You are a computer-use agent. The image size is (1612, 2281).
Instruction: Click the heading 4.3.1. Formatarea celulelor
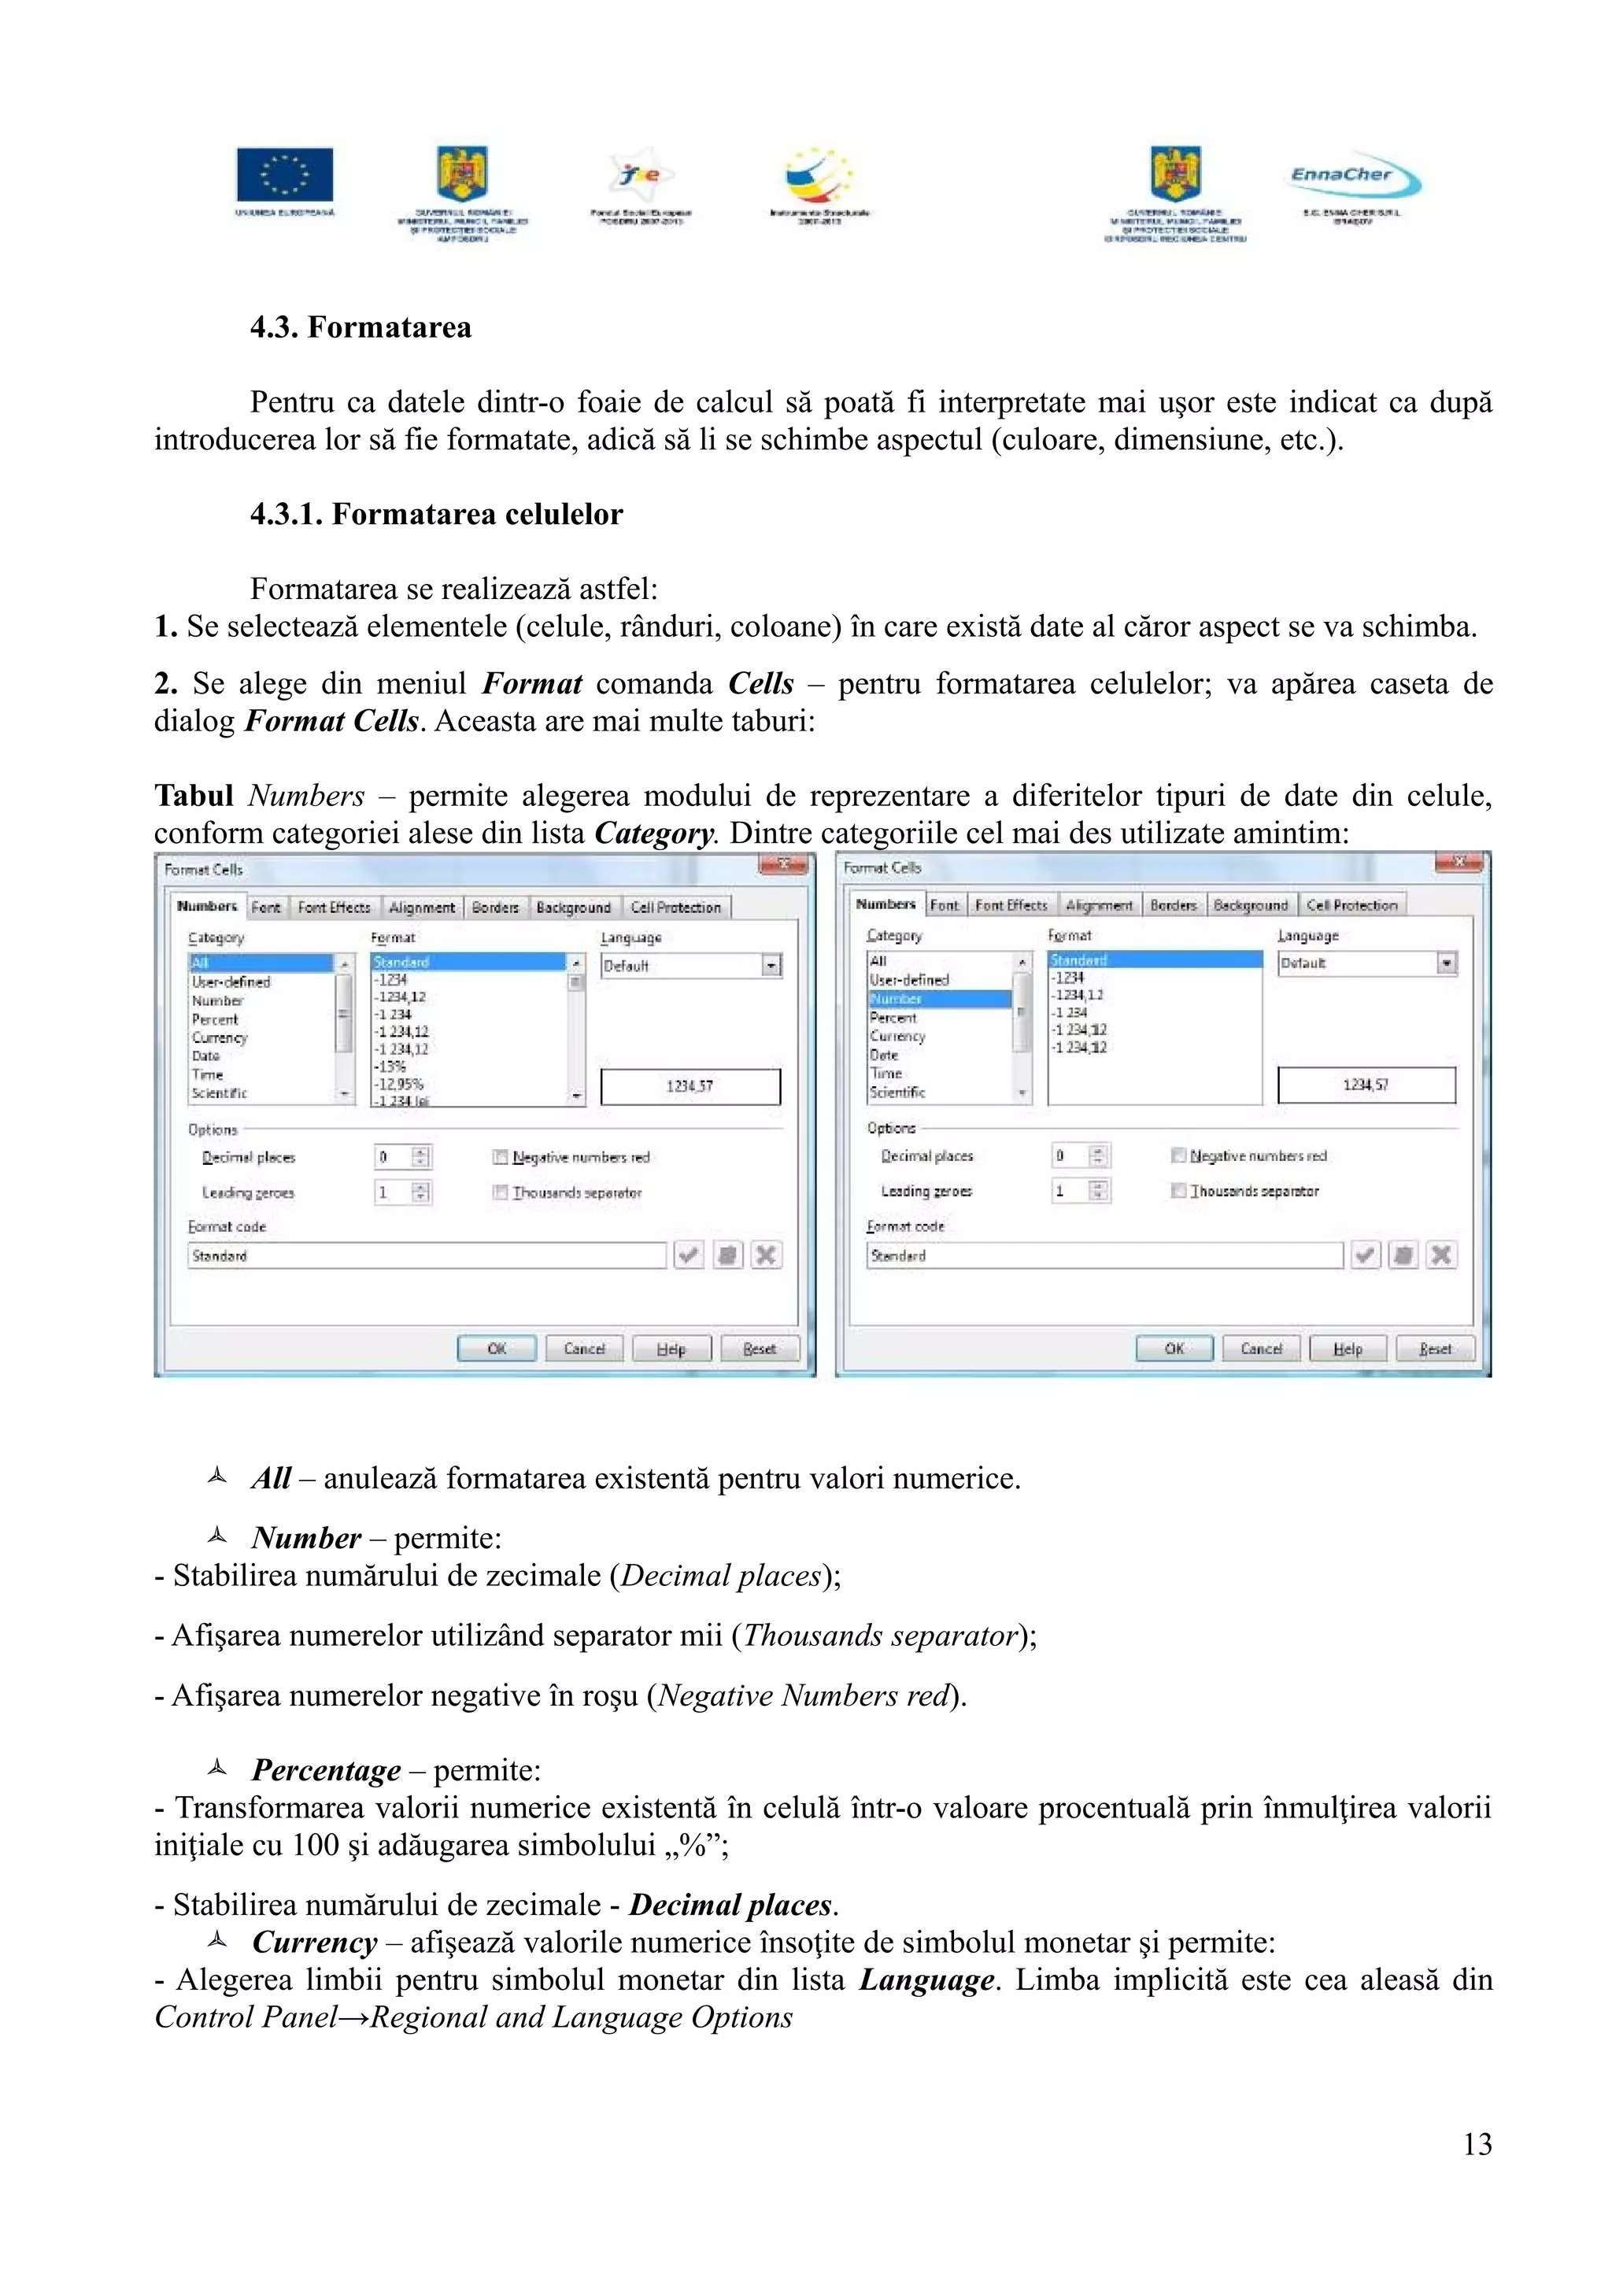coord(436,514)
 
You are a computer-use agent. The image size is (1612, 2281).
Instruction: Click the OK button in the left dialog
coord(497,1348)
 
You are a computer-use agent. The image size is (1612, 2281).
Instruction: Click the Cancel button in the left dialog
coord(584,1348)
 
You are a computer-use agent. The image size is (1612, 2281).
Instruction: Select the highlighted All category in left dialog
coord(261,963)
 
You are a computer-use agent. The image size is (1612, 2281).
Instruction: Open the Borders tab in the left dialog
coord(494,907)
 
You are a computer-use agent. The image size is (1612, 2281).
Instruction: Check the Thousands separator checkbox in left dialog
coord(501,1192)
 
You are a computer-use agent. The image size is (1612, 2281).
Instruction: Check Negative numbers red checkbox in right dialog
coord(1178,1155)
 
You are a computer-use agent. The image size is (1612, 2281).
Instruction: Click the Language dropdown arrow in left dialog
coord(771,966)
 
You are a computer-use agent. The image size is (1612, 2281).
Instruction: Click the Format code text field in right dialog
coord(1104,1255)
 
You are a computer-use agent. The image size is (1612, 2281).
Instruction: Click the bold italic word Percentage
coord(326,1769)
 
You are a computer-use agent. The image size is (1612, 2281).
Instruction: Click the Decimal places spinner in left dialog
coord(421,1157)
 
